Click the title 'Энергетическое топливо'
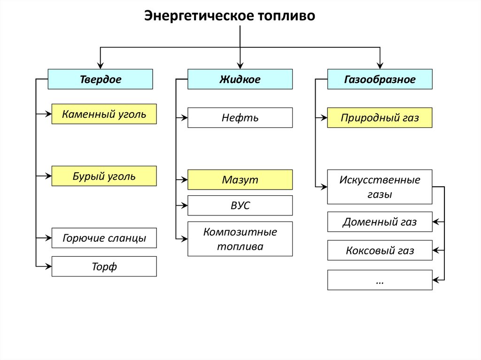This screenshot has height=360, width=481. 230,16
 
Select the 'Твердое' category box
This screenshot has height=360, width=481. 100,79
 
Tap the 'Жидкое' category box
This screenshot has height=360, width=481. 240,79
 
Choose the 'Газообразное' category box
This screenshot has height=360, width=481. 380,79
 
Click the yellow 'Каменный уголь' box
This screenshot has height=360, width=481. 104,114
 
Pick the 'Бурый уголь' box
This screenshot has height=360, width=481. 104,176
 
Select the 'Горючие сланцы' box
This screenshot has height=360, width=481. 104,238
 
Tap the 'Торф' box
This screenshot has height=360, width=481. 104,267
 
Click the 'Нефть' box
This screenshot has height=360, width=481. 240,118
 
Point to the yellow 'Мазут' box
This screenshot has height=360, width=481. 240,180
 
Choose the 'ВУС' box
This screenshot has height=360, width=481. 240,206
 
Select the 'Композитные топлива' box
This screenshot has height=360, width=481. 240,239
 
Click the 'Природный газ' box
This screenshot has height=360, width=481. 380,118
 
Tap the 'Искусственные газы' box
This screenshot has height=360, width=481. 380,187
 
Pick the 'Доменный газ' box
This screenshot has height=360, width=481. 380,222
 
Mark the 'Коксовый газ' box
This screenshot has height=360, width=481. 380,251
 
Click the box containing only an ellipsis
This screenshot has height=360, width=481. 380,280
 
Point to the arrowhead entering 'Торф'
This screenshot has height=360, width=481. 48,267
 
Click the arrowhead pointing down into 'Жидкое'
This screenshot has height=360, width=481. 240,66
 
